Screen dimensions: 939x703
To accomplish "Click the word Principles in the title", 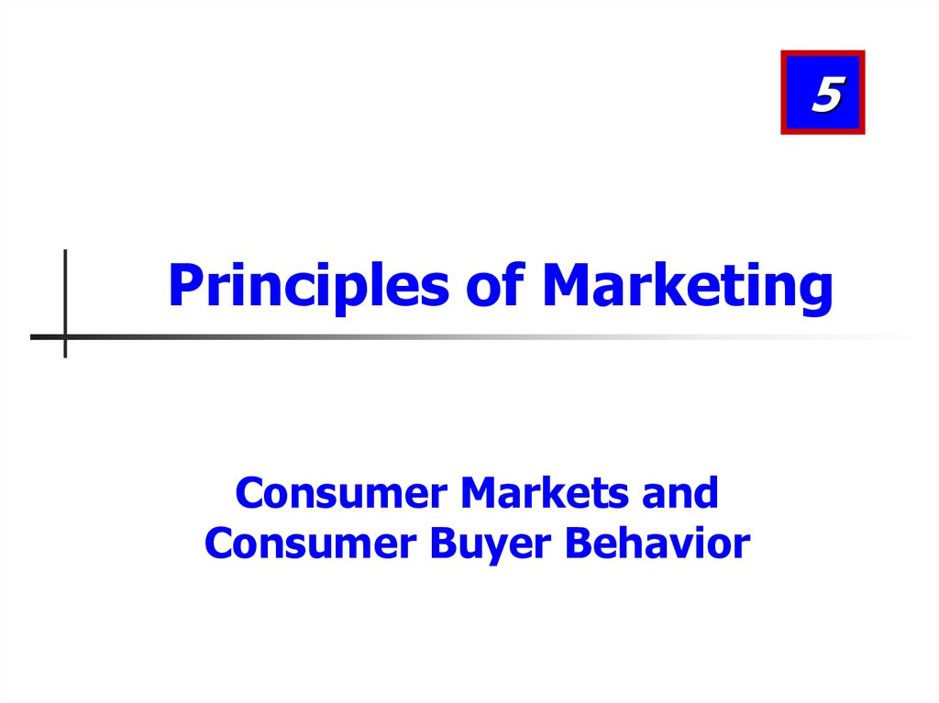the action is pos(308,286).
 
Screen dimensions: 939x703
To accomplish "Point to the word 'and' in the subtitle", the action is pos(679,493).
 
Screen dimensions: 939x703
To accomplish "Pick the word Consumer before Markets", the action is pos(341,493).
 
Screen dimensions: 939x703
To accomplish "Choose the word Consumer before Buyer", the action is pos(311,544).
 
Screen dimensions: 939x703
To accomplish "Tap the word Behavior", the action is pos(657,544).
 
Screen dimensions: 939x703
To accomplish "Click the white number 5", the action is pos(827,94).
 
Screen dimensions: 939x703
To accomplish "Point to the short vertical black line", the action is pos(65,303).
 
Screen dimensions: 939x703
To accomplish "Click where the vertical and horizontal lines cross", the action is pos(65,337).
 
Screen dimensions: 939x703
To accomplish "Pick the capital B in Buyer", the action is pos(444,544).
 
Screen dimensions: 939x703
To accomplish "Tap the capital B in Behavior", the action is pos(580,544).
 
